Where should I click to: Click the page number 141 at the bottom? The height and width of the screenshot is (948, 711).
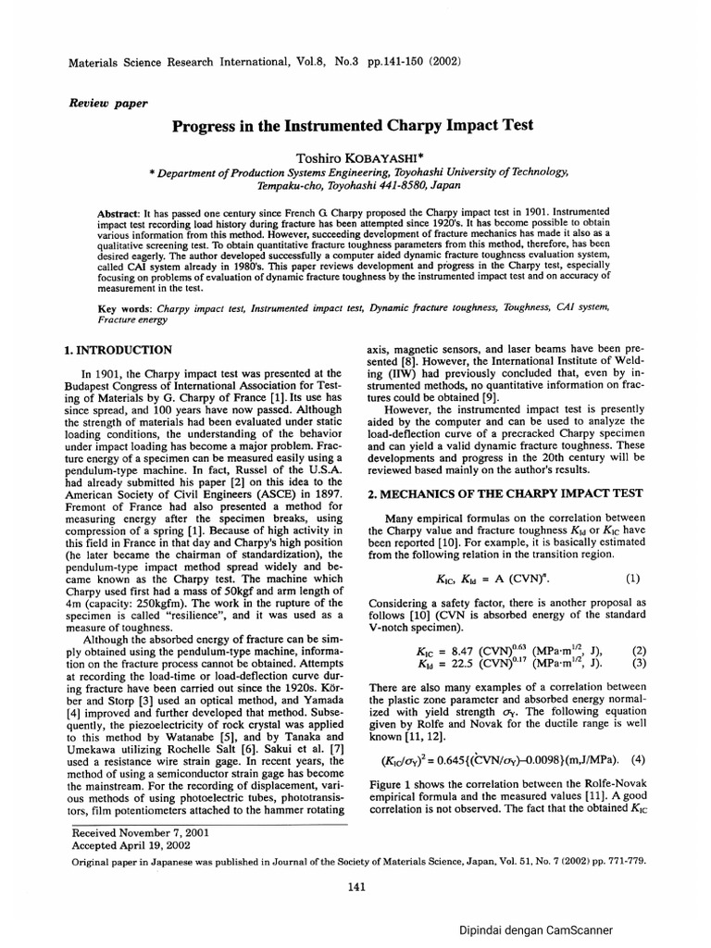tap(356, 887)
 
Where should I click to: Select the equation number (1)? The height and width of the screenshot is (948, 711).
tap(632, 579)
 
